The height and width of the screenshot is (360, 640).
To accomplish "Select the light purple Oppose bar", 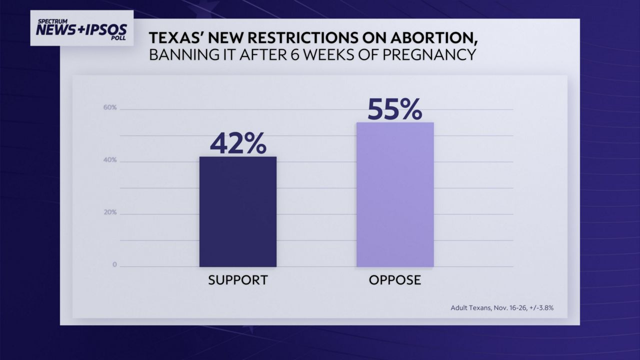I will tap(394, 194).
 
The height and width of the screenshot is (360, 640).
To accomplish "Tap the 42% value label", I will tap(238, 143).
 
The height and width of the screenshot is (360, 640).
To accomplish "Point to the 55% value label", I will tap(394, 109).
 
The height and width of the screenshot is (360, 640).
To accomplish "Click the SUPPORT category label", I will tap(238, 280).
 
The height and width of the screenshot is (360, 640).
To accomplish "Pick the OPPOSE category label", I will tap(394, 280).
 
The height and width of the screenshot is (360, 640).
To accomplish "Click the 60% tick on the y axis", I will tap(110, 107).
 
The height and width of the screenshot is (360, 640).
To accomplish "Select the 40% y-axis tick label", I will tap(110, 160).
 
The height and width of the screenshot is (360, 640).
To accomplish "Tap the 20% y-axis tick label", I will tap(110, 212).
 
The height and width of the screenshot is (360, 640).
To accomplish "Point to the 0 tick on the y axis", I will tap(114, 264).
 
